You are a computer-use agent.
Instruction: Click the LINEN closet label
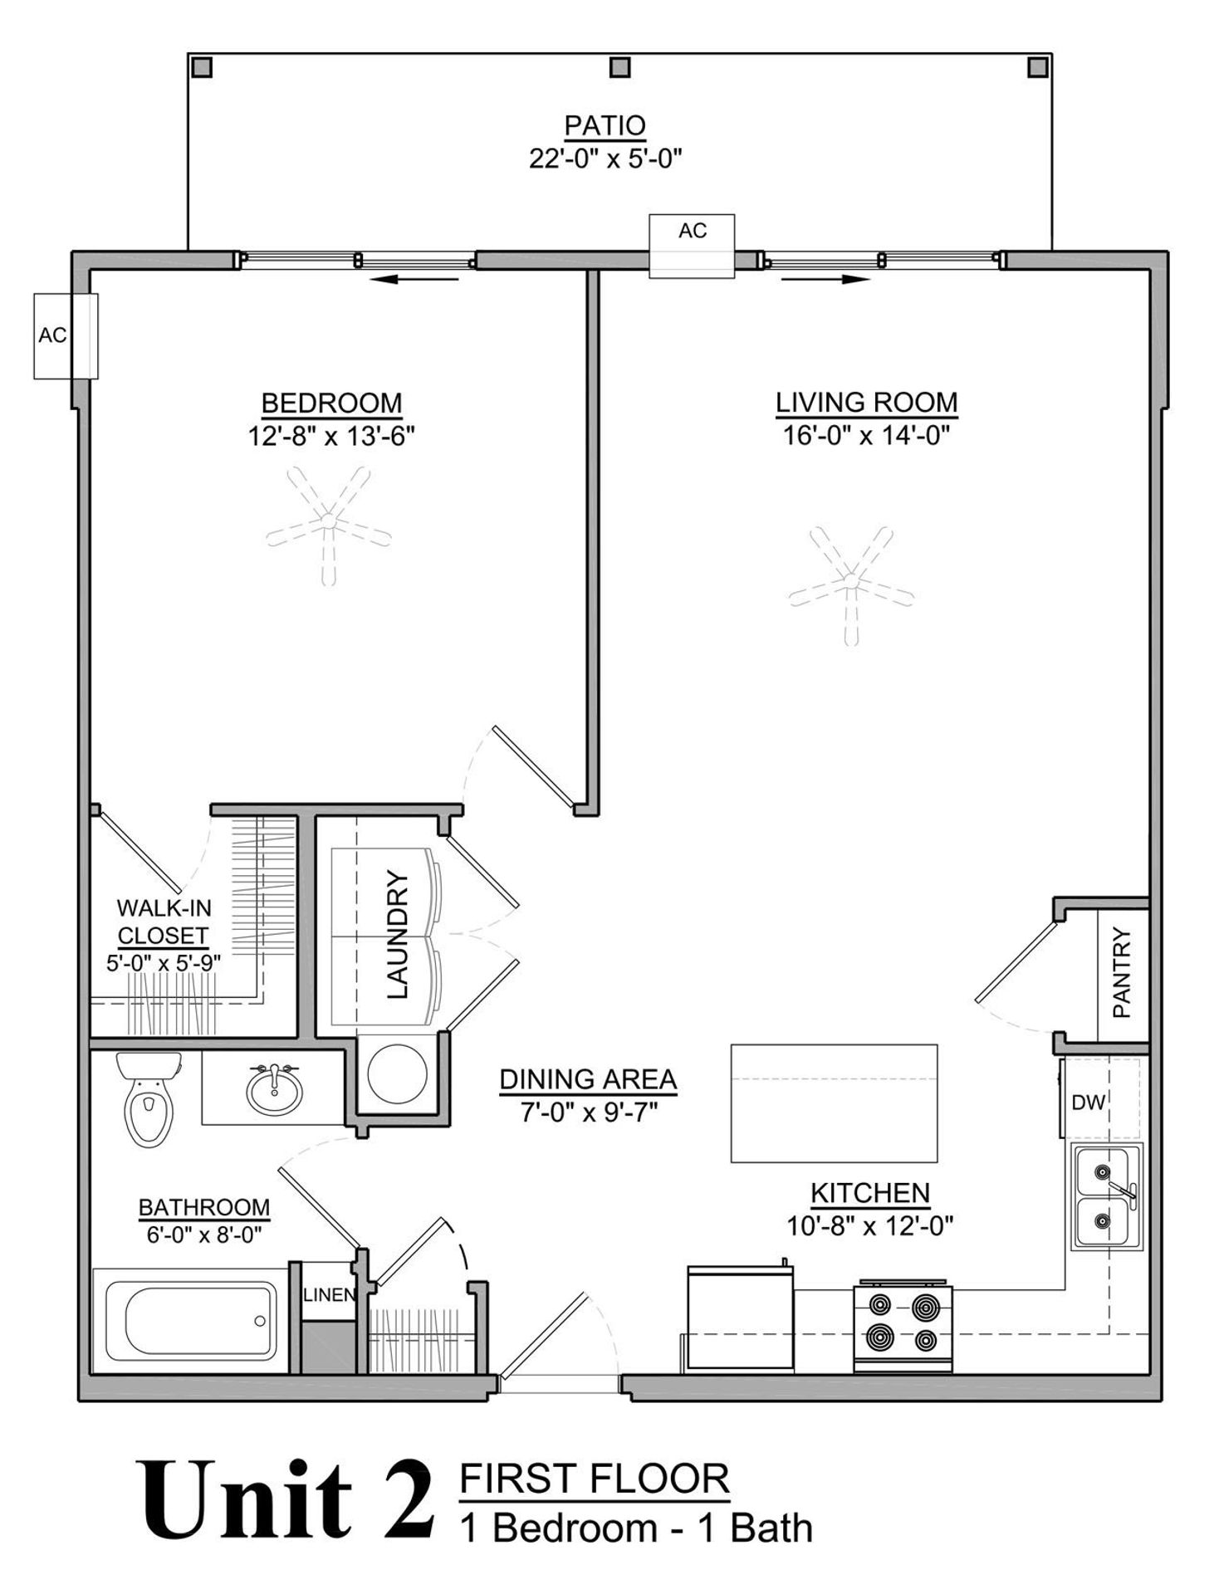pos(329,1294)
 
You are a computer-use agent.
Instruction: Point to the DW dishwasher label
pos(1088,1103)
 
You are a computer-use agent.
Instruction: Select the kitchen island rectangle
pos(834,1103)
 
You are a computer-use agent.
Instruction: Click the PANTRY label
pos(1122,973)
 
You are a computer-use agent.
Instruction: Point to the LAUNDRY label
pos(398,934)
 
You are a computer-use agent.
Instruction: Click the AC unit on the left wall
pos(66,335)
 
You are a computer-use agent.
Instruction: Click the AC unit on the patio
pos(692,246)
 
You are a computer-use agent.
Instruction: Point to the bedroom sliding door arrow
pos(414,280)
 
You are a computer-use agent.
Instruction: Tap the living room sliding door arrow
pos(825,280)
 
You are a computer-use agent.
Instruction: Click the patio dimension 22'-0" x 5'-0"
pos(605,158)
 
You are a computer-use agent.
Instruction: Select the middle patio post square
pos(619,67)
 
